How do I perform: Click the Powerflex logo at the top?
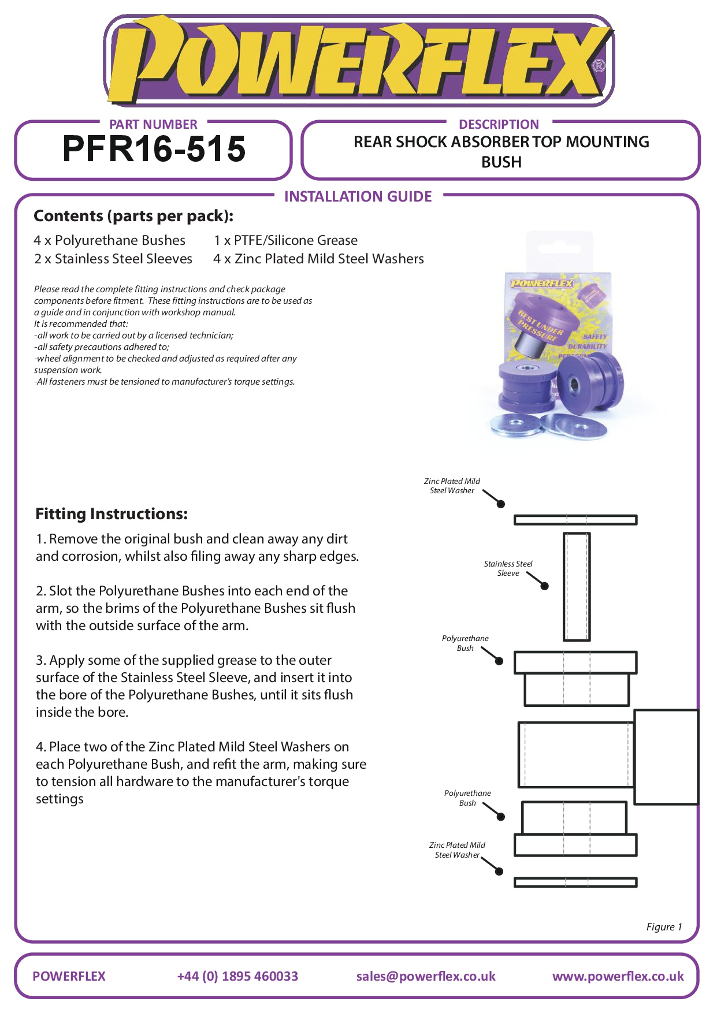[358, 61]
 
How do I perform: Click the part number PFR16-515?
[154, 149]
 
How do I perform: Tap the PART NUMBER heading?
[153, 124]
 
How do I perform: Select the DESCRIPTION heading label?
[499, 124]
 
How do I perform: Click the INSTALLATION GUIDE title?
[358, 196]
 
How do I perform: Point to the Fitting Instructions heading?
[112, 513]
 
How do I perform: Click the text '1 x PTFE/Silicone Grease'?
[285, 240]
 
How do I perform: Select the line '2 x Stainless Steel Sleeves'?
[113, 259]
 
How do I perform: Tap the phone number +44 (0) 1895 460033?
[237, 976]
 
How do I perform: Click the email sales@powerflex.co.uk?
[426, 976]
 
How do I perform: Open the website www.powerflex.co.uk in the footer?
[618, 976]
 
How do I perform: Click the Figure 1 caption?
[664, 926]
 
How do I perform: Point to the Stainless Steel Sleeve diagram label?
[508, 568]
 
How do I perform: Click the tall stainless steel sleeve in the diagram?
[577, 586]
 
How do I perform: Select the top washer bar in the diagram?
[575, 520]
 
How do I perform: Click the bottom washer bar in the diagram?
[575, 882]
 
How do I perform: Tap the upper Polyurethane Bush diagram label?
[465, 643]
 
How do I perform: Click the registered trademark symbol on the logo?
[599, 66]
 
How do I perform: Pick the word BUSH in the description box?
[501, 162]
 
